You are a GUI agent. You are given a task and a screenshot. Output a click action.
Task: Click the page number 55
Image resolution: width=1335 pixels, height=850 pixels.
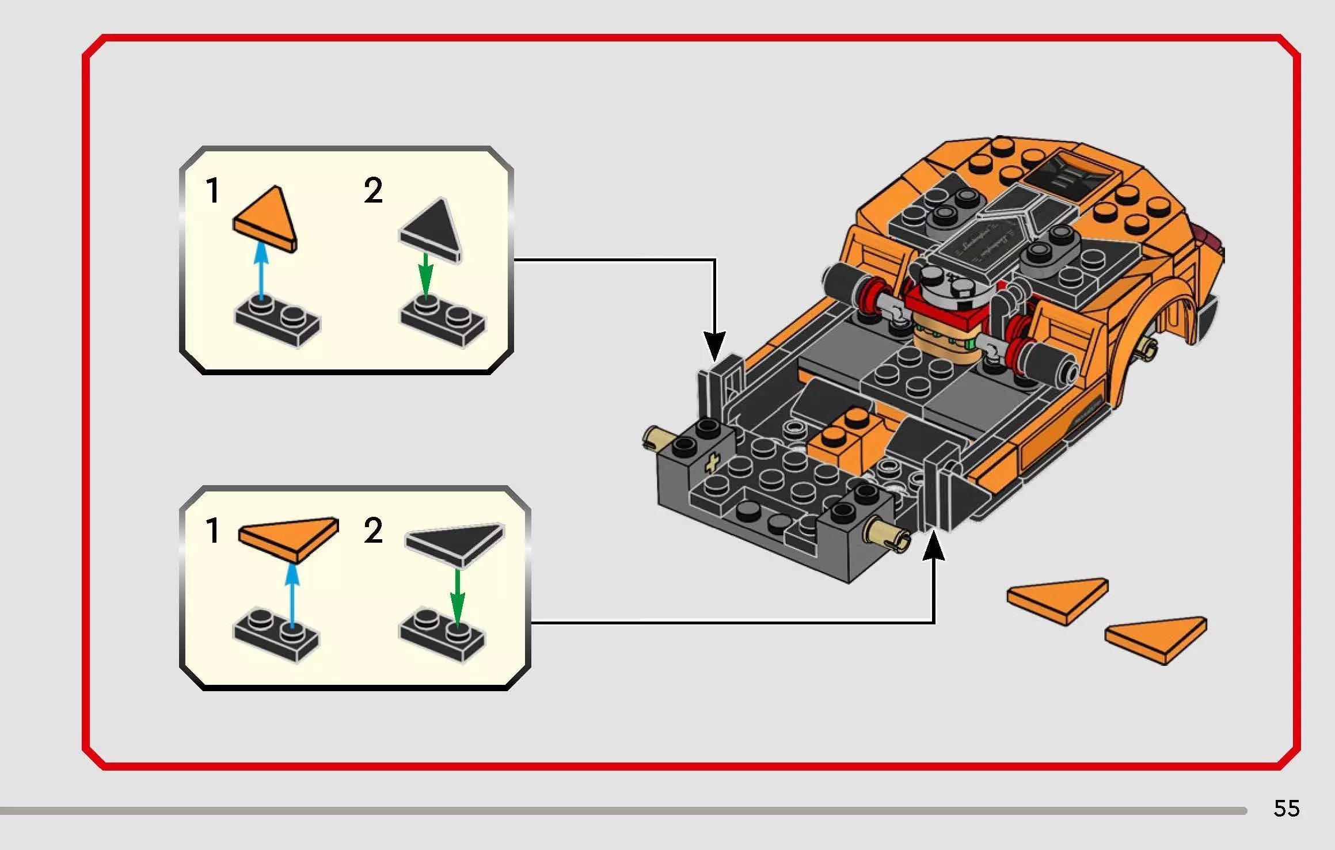point(1286,809)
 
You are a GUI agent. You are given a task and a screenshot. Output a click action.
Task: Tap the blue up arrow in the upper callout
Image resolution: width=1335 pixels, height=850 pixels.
point(261,270)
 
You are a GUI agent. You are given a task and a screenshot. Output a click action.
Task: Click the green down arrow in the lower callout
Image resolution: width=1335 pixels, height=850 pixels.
point(457,596)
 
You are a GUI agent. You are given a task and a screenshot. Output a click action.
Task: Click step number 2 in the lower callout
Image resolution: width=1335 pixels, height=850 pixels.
point(373,530)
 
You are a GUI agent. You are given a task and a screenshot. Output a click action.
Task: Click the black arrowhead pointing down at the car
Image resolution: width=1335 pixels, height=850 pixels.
point(714,345)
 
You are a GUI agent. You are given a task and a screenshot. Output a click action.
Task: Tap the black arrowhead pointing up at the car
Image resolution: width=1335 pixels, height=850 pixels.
point(933,547)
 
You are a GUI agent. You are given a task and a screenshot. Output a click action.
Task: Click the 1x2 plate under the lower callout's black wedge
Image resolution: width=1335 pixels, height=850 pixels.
point(442,634)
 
